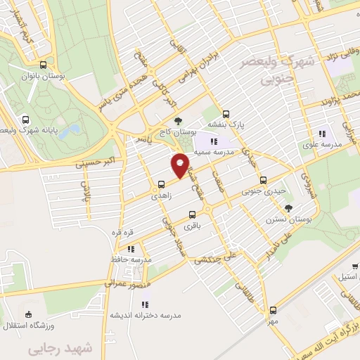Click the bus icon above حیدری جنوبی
click(x=264, y=179)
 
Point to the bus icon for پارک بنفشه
click(x=226, y=114)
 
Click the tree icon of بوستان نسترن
click(x=288, y=207)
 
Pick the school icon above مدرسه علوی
click(x=323, y=134)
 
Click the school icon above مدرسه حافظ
click(x=131, y=249)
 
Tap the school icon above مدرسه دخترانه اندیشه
click(x=145, y=304)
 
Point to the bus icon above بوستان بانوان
click(x=44, y=64)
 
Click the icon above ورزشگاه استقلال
click(x=27, y=314)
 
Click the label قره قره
click(x=119, y=231)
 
